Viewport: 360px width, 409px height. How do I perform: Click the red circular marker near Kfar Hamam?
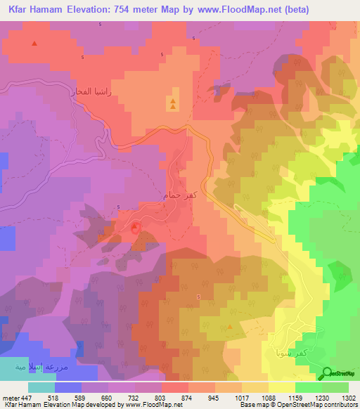click(136, 226)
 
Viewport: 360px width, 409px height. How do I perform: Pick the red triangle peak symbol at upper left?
click(34, 44)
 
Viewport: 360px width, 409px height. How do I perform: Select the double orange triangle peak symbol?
click(171, 104)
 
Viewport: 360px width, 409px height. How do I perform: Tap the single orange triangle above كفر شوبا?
click(230, 327)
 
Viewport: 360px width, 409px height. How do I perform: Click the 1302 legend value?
click(348, 397)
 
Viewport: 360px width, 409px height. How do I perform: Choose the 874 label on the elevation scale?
click(188, 397)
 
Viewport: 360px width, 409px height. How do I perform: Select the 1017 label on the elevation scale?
click(241, 397)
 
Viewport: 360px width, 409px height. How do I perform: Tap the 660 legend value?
click(108, 397)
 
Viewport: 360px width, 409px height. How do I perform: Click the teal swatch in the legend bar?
click(41, 387)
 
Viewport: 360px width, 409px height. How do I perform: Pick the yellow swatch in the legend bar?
click(281, 387)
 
